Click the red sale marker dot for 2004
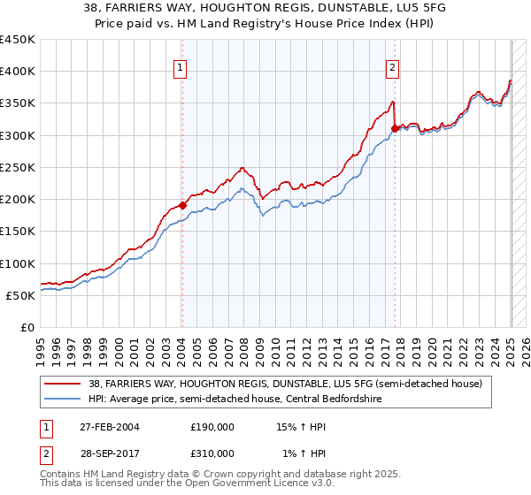(x=182, y=205)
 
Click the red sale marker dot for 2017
(x=395, y=128)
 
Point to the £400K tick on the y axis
(x=18, y=72)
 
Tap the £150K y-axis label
(x=18, y=231)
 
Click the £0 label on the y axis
(x=27, y=327)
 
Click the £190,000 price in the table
(x=212, y=427)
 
